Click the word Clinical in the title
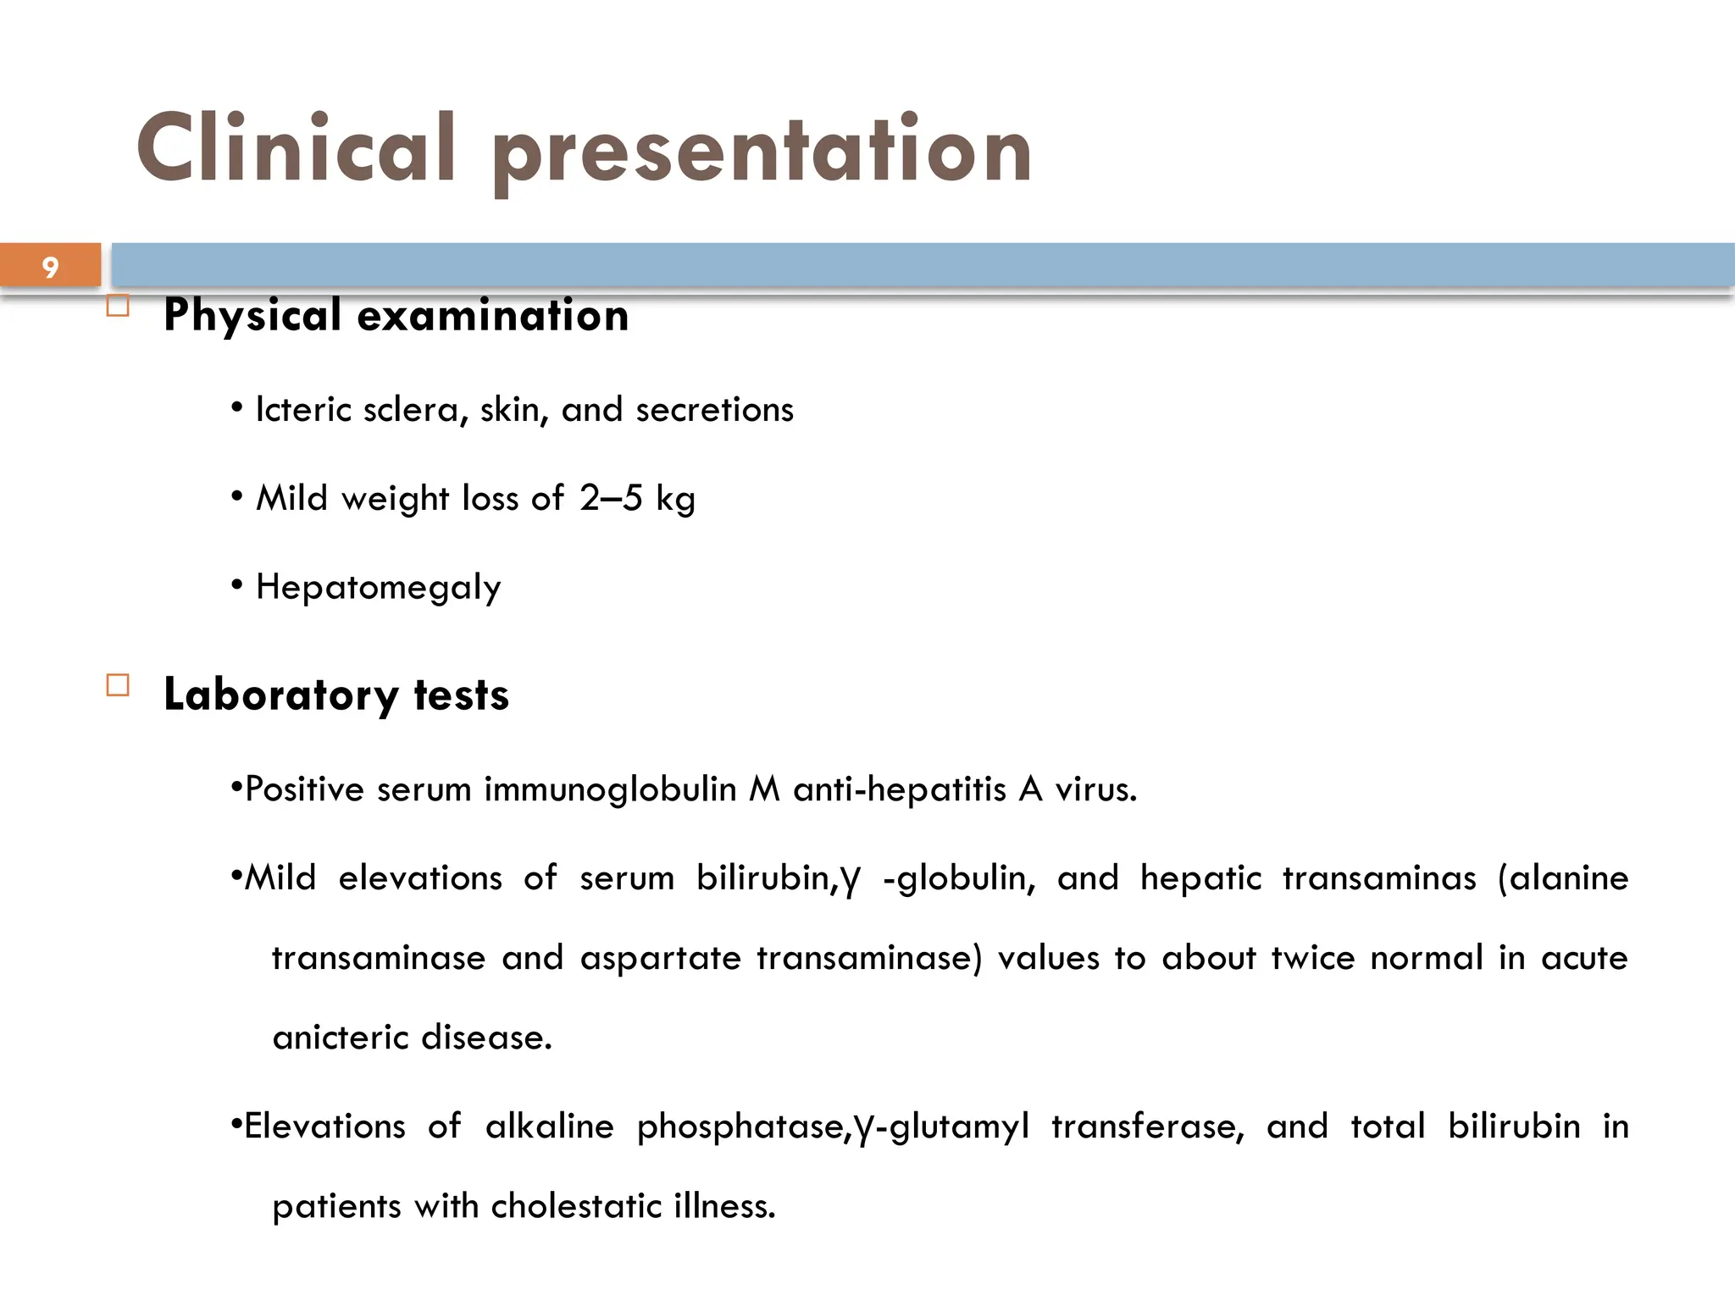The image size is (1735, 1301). [x=297, y=148]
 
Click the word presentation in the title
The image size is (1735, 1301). [x=761, y=152]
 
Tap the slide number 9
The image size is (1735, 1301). [x=50, y=268]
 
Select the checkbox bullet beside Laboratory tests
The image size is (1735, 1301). [x=119, y=685]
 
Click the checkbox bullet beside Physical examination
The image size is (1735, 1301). [x=119, y=306]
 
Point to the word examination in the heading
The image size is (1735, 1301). [x=493, y=315]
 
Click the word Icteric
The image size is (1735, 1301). [x=303, y=410]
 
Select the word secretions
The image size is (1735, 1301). [x=714, y=410]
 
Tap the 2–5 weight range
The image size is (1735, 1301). [x=611, y=498]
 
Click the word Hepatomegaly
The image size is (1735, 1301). [x=378, y=588]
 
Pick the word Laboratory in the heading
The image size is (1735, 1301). [x=280, y=695]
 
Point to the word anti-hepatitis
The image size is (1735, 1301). [x=899, y=790]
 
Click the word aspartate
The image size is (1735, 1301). [x=660, y=959]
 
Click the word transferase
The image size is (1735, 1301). [x=1147, y=1127]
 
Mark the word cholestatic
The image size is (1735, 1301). [x=576, y=1206]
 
